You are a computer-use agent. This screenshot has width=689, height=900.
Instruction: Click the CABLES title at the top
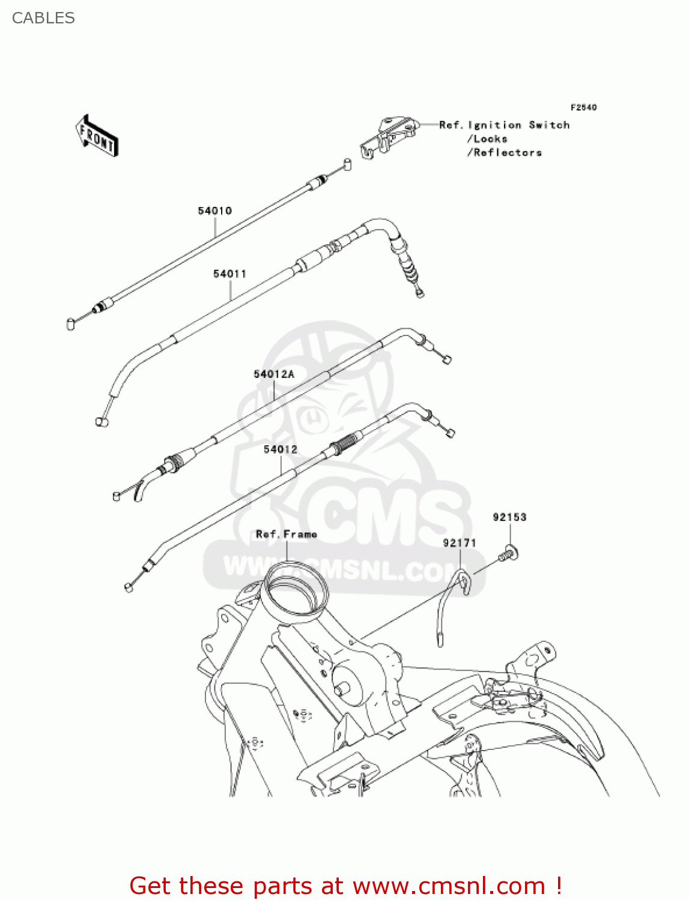point(43,18)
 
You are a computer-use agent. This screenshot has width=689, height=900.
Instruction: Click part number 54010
point(214,211)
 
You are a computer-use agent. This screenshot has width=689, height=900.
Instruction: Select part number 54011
point(229,274)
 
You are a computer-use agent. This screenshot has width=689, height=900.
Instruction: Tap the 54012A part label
point(274,374)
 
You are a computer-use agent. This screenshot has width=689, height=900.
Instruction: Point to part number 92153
point(509,517)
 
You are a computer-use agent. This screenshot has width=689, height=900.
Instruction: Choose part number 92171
point(460,543)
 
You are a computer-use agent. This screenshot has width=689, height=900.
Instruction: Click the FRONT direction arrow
point(97,136)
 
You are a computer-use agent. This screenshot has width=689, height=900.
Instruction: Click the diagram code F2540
point(583,107)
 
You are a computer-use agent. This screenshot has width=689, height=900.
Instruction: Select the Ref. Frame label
point(286,534)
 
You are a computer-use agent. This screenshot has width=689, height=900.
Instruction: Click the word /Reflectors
point(505,152)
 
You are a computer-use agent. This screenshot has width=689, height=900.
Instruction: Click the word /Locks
point(487,139)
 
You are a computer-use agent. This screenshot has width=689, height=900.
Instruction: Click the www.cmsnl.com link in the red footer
point(448,886)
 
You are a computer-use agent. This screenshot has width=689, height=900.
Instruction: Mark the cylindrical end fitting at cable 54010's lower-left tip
point(70,324)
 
